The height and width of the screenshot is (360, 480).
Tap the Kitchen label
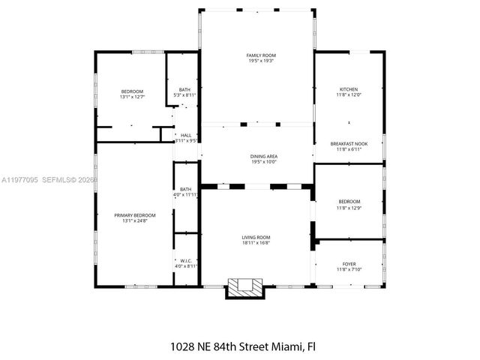click(349, 89)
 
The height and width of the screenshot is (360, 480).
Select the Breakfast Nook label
click(349, 143)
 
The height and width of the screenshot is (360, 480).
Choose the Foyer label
click(349, 264)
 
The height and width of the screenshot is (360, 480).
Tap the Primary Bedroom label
click(130, 215)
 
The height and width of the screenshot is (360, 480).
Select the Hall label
click(185, 135)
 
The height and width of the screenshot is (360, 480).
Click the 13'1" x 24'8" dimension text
click(130, 220)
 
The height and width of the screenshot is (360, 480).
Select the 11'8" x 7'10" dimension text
click(349, 269)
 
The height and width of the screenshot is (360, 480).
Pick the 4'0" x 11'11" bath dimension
click(185, 194)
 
